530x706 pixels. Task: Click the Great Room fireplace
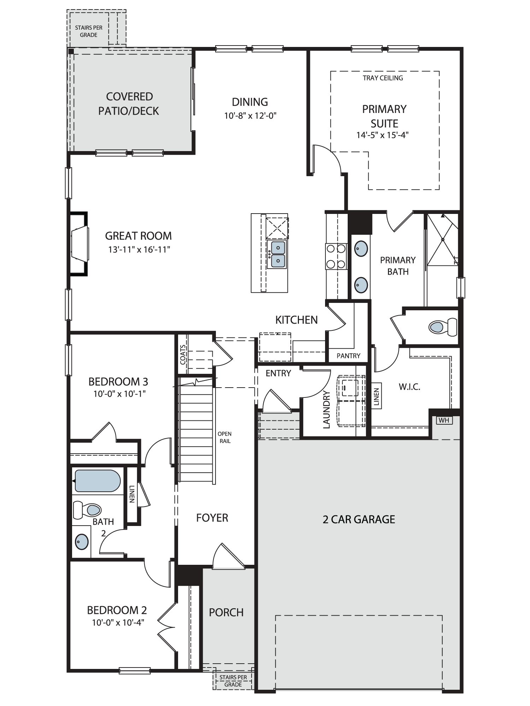pyautogui.click(x=78, y=244)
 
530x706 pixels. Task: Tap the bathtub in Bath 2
pyautogui.click(x=98, y=481)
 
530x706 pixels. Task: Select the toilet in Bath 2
pyautogui.click(x=87, y=510)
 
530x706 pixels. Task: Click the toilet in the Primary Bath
pyautogui.click(x=443, y=327)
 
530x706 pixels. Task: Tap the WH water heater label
pyautogui.click(x=444, y=420)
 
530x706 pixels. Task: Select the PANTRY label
pyautogui.click(x=348, y=356)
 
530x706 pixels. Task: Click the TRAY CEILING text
pyautogui.click(x=383, y=78)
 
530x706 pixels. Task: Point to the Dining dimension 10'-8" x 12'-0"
pyautogui.click(x=250, y=115)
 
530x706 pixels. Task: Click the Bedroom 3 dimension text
pyautogui.click(x=119, y=394)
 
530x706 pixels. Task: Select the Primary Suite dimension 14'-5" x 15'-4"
pyautogui.click(x=383, y=135)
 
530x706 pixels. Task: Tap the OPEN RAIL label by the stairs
pyautogui.click(x=225, y=437)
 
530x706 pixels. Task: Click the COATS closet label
pyautogui.click(x=183, y=354)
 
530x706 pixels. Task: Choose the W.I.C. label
pyautogui.click(x=410, y=387)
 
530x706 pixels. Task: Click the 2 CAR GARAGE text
pyautogui.click(x=359, y=519)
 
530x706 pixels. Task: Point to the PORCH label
pyautogui.click(x=226, y=612)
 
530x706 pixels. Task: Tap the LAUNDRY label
pyautogui.click(x=326, y=409)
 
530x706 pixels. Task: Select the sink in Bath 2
pyautogui.click(x=82, y=541)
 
